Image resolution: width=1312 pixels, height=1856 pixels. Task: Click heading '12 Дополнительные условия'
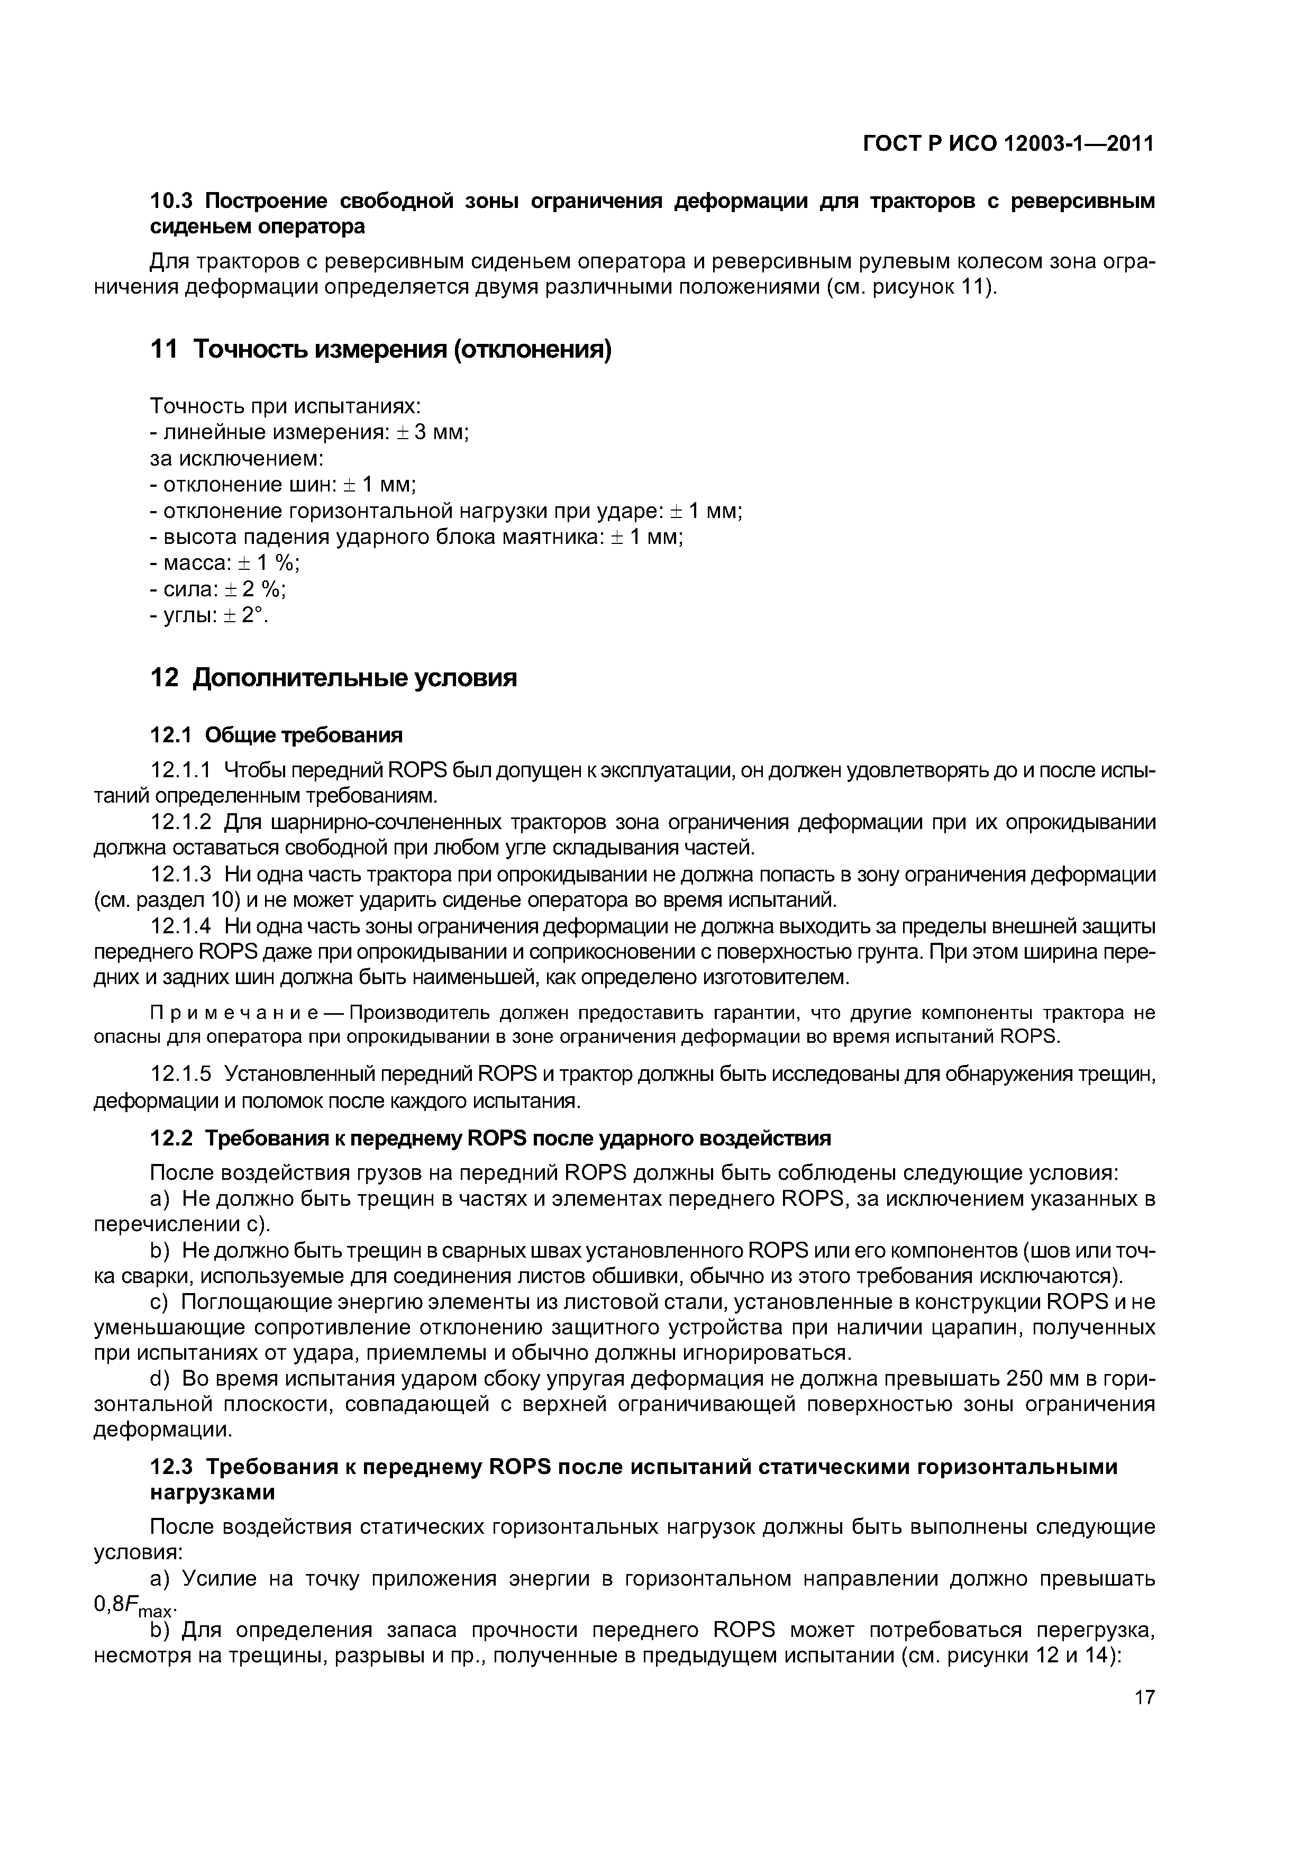(334, 677)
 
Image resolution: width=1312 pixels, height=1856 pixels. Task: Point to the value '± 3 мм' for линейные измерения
(432, 432)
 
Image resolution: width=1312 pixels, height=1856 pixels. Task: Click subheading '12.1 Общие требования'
(277, 735)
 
